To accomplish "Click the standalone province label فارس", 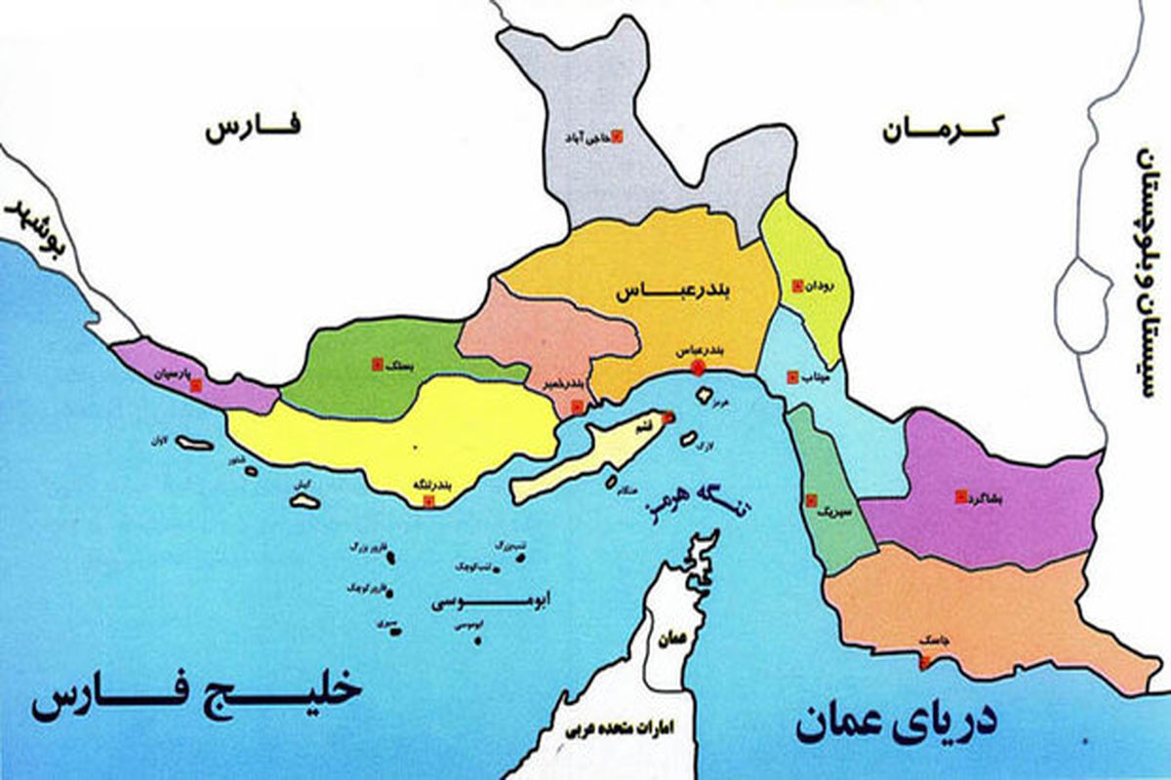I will (x=254, y=130).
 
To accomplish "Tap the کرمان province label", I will (x=944, y=130).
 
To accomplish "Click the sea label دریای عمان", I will (x=896, y=722).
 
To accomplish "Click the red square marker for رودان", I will (x=797, y=287).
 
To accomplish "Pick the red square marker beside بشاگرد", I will (x=960, y=495).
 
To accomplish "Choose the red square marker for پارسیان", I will (x=196, y=384).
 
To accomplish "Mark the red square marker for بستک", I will (x=376, y=366).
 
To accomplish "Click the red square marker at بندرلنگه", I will (x=426, y=501).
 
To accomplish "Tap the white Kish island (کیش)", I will (x=304, y=499).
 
